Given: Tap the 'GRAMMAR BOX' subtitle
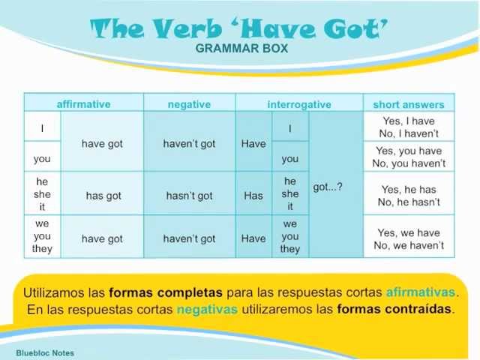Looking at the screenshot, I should click(x=241, y=49).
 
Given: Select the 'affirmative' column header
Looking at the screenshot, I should click(x=83, y=104).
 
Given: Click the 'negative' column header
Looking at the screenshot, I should click(x=189, y=104).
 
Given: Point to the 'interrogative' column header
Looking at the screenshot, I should click(x=299, y=104).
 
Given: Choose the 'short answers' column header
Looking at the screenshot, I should click(x=408, y=104).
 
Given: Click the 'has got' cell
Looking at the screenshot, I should click(x=103, y=195).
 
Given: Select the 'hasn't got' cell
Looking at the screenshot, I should click(x=189, y=195).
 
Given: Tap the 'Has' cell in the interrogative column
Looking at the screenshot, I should click(x=253, y=195).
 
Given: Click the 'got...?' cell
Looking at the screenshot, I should click(x=328, y=187).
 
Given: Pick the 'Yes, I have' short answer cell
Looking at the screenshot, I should click(x=409, y=127).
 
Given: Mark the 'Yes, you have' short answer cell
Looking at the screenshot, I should click(x=409, y=157).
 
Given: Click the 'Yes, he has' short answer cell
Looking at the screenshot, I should click(x=409, y=195).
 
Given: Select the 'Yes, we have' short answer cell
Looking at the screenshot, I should click(x=409, y=238).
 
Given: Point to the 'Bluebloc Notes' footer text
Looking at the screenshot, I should click(x=45, y=352).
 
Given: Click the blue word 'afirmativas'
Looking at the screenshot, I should click(x=420, y=292).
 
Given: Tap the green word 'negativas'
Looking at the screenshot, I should click(x=207, y=308).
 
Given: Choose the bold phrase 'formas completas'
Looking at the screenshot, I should click(x=166, y=292).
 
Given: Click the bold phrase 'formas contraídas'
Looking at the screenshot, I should click(x=395, y=308).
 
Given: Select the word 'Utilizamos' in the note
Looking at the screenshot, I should click(x=53, y=292).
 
